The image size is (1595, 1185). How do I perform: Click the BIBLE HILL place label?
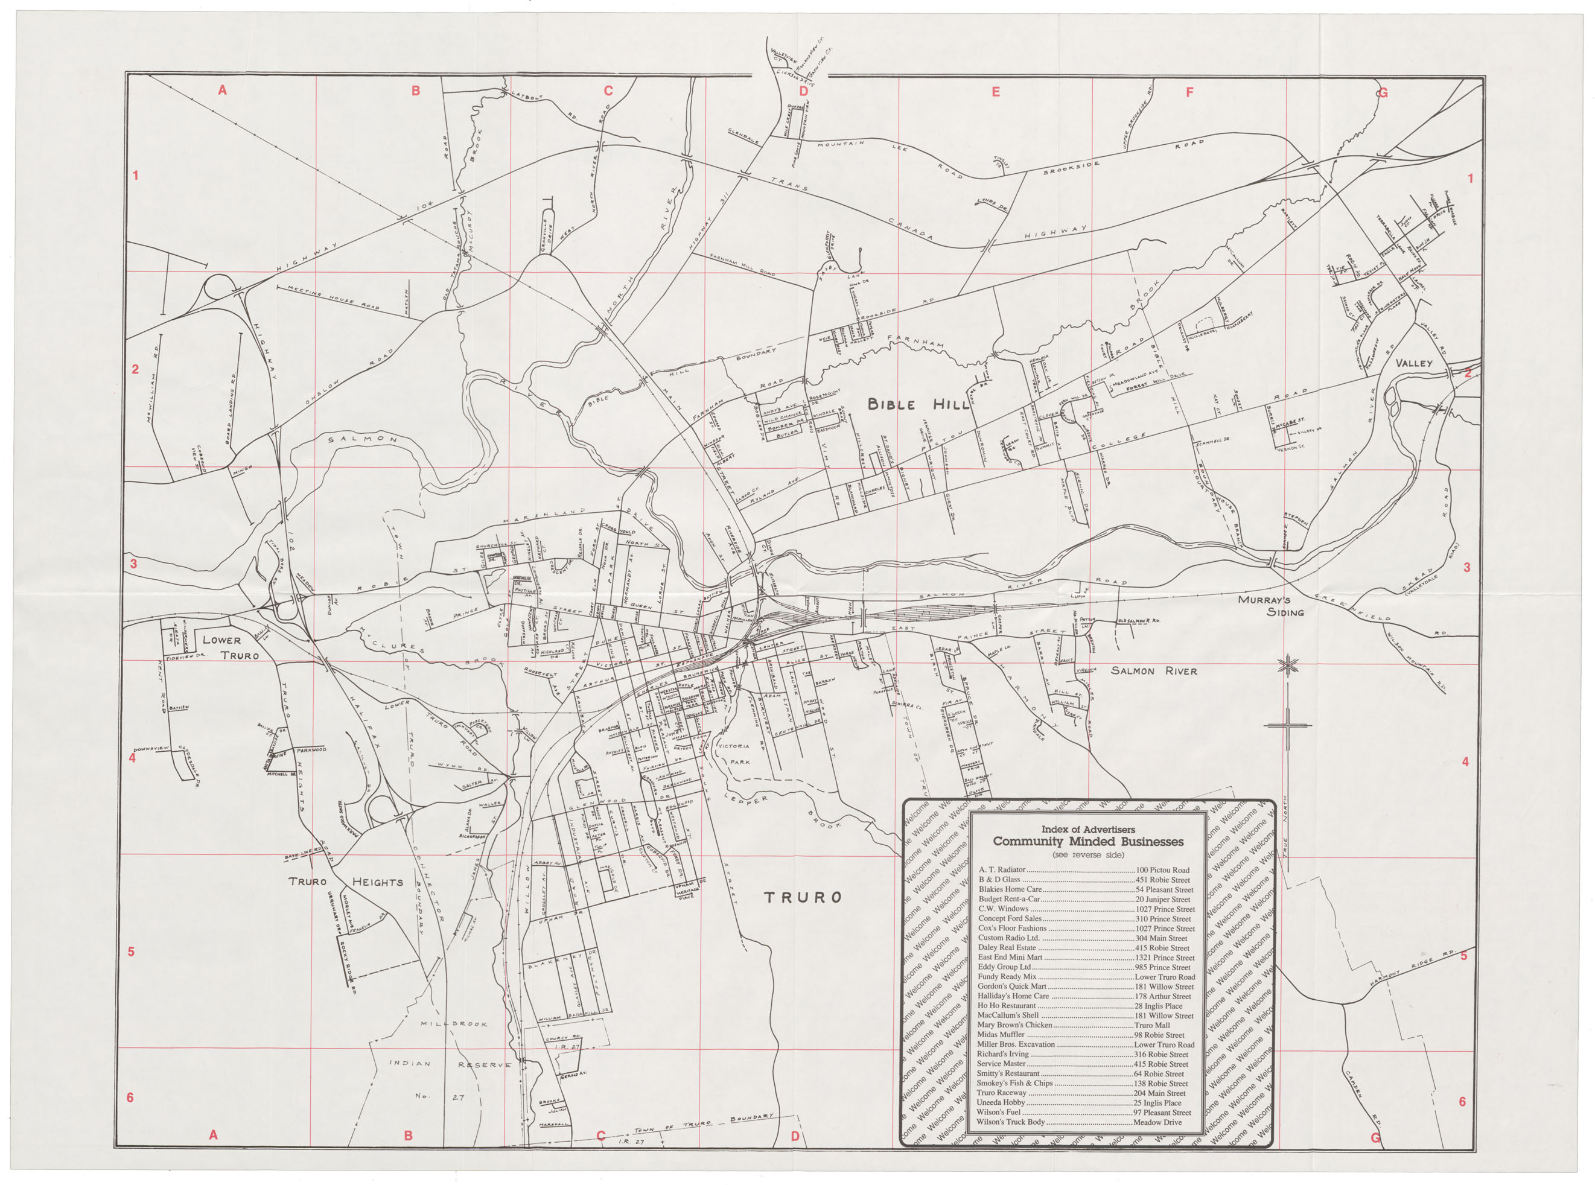(918, 404)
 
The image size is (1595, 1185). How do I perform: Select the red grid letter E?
(995, 92)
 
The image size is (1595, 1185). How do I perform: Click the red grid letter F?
(1189, 92)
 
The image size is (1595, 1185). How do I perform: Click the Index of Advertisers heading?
(1087, 829)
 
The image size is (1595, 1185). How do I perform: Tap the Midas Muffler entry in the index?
(1001, 1034)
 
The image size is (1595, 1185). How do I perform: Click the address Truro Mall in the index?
(1152, 1025)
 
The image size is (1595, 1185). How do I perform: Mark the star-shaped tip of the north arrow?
(1288, 666)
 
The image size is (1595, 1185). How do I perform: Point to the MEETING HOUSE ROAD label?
(333, 297)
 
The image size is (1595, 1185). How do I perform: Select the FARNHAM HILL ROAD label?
(743, 264)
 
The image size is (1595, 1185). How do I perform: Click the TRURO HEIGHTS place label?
(345, 882)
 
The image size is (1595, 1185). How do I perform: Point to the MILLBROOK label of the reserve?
(453, 1023)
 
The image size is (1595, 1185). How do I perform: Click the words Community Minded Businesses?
(1087, 842)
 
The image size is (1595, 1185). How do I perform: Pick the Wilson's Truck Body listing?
(1011, 1122)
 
